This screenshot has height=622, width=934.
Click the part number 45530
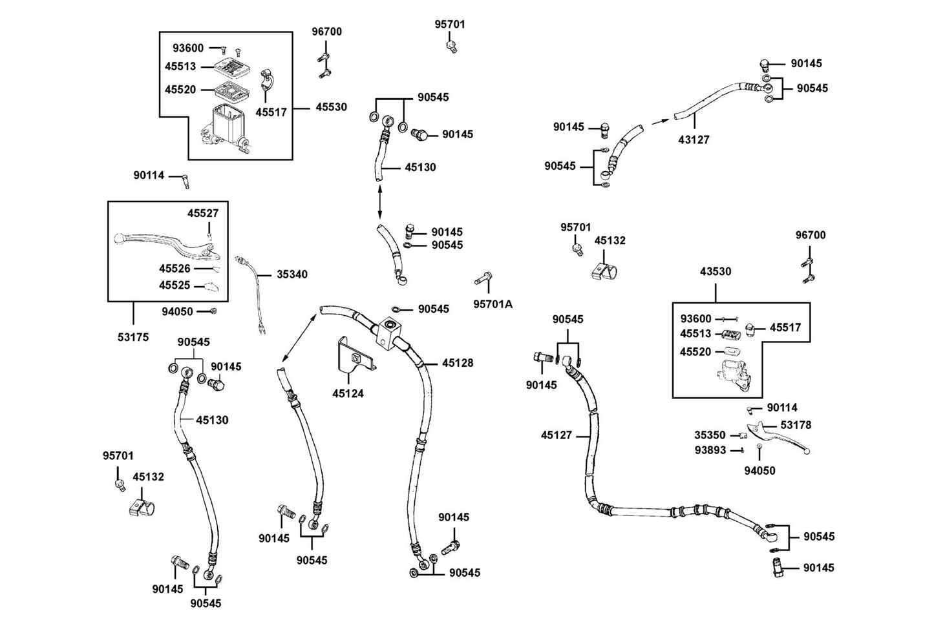click(x=331, y=107)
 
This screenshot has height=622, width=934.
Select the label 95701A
click(x=493, y=305)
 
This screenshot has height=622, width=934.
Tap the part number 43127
click(x=694, y=140)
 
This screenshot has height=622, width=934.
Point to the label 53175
click(x=133, y=337)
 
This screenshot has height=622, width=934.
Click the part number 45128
click(x=458, y=363)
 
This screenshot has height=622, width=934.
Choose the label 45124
click(x=348, y=393)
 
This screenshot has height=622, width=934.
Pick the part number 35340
click(x=292, y=274)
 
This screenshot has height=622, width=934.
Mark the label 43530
click(x=716, y=271)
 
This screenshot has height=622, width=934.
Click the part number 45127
click(x=557, y=435)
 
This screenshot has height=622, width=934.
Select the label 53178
click(x=796, y=425)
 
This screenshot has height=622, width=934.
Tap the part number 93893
click(x=710, y=450)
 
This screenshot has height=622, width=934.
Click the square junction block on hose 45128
click(x=389, y=334)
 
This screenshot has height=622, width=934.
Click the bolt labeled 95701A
click(x=483, y=278)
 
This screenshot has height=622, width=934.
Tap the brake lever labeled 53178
click(x=778, y=439)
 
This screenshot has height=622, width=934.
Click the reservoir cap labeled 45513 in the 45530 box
click(x=231, y=67)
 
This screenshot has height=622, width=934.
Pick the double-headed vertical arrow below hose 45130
click(x=379, y=202)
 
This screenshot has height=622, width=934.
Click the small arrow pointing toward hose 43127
click(x=660, y=121)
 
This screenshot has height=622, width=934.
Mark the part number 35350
click(x=710, y=435)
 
